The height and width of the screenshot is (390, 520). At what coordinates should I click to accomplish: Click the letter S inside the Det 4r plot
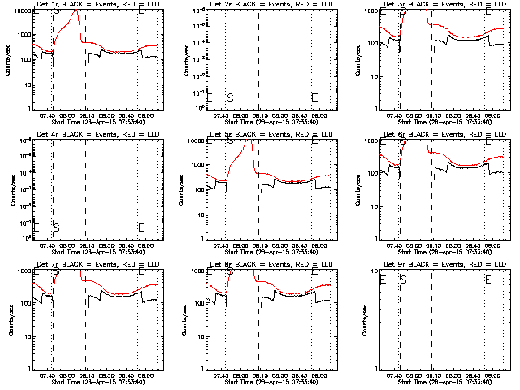pyautogui.click(x=56, y=227)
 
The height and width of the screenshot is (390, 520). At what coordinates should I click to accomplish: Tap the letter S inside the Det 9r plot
pyautogui.click(x=403, y=279)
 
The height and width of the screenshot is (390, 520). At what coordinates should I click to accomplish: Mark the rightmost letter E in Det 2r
pyautogui.click(x=315, y=97)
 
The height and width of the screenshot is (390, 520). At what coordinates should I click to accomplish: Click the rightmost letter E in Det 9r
pyautogui.click(x=488, y=279)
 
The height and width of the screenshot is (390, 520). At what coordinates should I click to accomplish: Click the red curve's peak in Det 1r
pyautogui.click(x=77, y=12)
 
